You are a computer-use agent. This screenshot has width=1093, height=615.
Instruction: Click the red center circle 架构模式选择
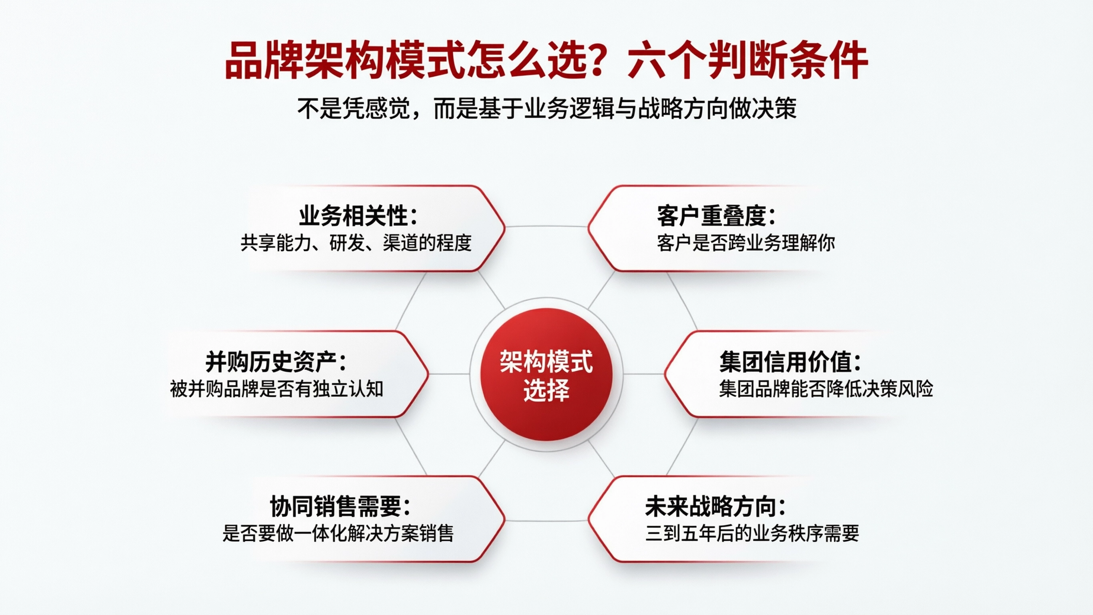coord(546,374)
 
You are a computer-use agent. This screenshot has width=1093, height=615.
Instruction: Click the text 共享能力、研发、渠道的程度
coord(356,243)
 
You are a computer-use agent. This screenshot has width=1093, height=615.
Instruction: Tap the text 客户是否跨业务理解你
coord(745,243)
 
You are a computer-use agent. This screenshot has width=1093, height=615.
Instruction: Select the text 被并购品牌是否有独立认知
coord(277,389)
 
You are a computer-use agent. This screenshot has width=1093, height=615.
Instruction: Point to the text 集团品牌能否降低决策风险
coord(826,389)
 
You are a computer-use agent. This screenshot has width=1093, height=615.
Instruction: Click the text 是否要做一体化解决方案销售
coord(338,533)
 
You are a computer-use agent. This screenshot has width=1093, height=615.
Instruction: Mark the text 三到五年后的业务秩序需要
coord(752,533)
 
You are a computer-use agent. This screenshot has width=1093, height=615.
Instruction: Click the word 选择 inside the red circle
coord(546,390)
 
